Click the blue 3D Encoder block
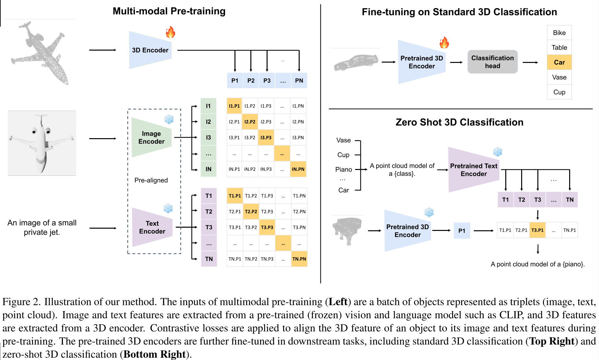click(x=150, y=50)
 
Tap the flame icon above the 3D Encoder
click(x=170, y=32)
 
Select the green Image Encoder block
click(x=151, y=138)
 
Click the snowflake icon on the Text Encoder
click(x=168, y=208)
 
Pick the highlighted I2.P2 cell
click(x=250, y=122)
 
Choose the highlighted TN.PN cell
click(x=299, y=259)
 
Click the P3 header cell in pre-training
click(x=267, y=80)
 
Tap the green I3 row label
click(x=208, y=138)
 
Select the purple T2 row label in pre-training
click(x=209, y=211)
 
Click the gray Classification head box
click(x=492, y=62)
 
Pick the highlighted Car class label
click(x=559, y=62)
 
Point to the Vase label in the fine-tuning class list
click(x=559, y=77)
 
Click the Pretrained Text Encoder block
click(x=473, y=170)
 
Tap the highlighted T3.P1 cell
click(x=537, y=230)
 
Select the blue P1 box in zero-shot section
click(x=461, y=231)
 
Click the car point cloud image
click(x=356, y=62)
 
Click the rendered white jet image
click(x=42, y=143)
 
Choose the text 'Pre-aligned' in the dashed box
click(x=151, y=180)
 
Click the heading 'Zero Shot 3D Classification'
click(x=459, y=122)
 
